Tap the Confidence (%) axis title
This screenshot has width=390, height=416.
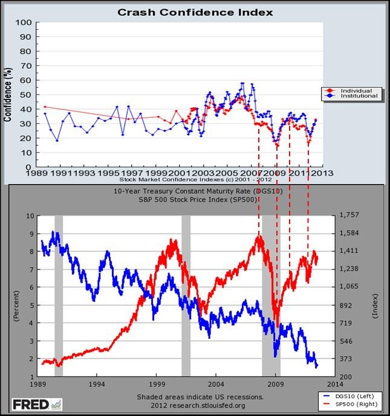pos(8,95)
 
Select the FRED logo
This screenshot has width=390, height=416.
pos(30,403)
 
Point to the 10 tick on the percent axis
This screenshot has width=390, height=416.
pos(28,216)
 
